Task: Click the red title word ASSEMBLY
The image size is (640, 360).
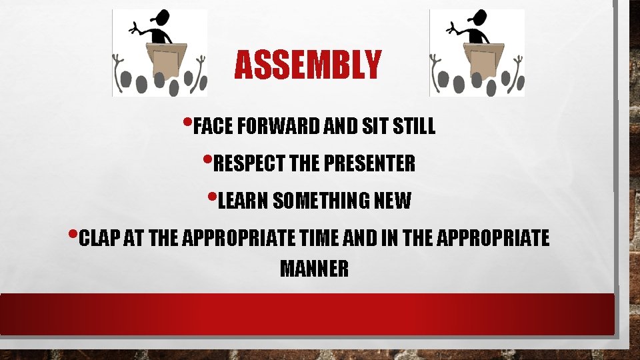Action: click(x=308, y=65)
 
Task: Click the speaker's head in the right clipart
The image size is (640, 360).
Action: click(x=477, y=19)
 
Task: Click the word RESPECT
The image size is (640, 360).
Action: click(x=243, y=163)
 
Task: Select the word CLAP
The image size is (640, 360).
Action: click(x=99, y=238)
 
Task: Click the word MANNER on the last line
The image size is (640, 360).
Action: click(x=314, y=269)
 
